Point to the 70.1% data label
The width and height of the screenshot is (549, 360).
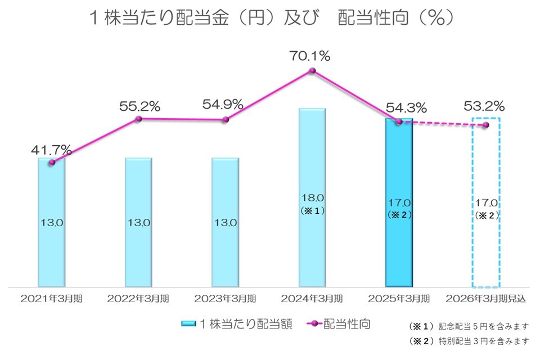[x=311, y=56]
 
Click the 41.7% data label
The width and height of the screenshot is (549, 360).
[x=51, y=150]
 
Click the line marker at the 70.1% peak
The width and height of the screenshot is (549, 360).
[x=312, y=71]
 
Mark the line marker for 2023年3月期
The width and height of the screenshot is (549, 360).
[x=226, y=119]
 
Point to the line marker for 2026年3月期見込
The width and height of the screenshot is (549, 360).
[x=486, y=125]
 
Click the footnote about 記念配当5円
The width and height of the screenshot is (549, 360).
[x=469, y=326]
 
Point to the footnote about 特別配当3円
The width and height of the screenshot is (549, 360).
[x=469, y=340]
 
